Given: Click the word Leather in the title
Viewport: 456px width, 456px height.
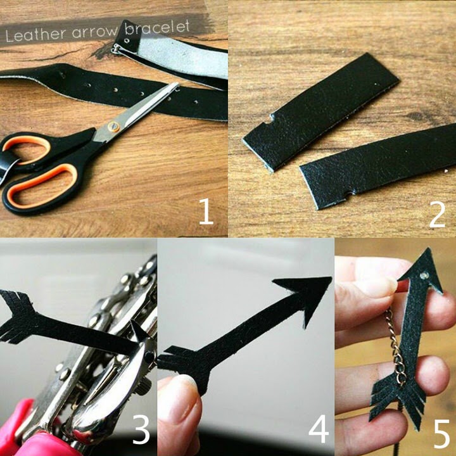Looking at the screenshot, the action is tap(35, 34).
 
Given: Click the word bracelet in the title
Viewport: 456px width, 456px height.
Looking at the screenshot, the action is tap(157, 27).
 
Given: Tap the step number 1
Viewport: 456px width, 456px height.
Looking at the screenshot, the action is tap(206, 212).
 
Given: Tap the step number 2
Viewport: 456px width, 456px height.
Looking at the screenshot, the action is tap(437, 214).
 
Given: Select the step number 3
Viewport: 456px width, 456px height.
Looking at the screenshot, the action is tap(141, 429).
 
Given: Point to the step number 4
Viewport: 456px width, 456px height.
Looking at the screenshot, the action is tap(319, 429).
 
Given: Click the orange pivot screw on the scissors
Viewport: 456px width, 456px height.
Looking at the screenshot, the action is tap(114, 127).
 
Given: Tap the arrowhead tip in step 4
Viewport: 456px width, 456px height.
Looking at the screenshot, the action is tap(331, 278).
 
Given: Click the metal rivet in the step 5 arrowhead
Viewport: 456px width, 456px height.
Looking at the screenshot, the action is tap(424, 275).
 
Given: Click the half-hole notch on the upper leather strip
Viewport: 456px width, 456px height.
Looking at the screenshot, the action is tap(270, 118).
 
